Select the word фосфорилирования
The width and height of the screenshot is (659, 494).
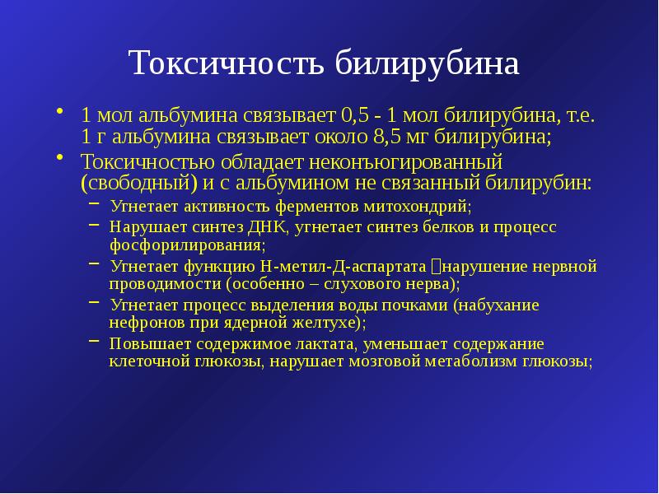(x=186, y=245)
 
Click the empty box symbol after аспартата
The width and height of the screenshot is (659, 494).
(x=436, y=267)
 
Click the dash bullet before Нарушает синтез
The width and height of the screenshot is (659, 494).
(x=95, y=224)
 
